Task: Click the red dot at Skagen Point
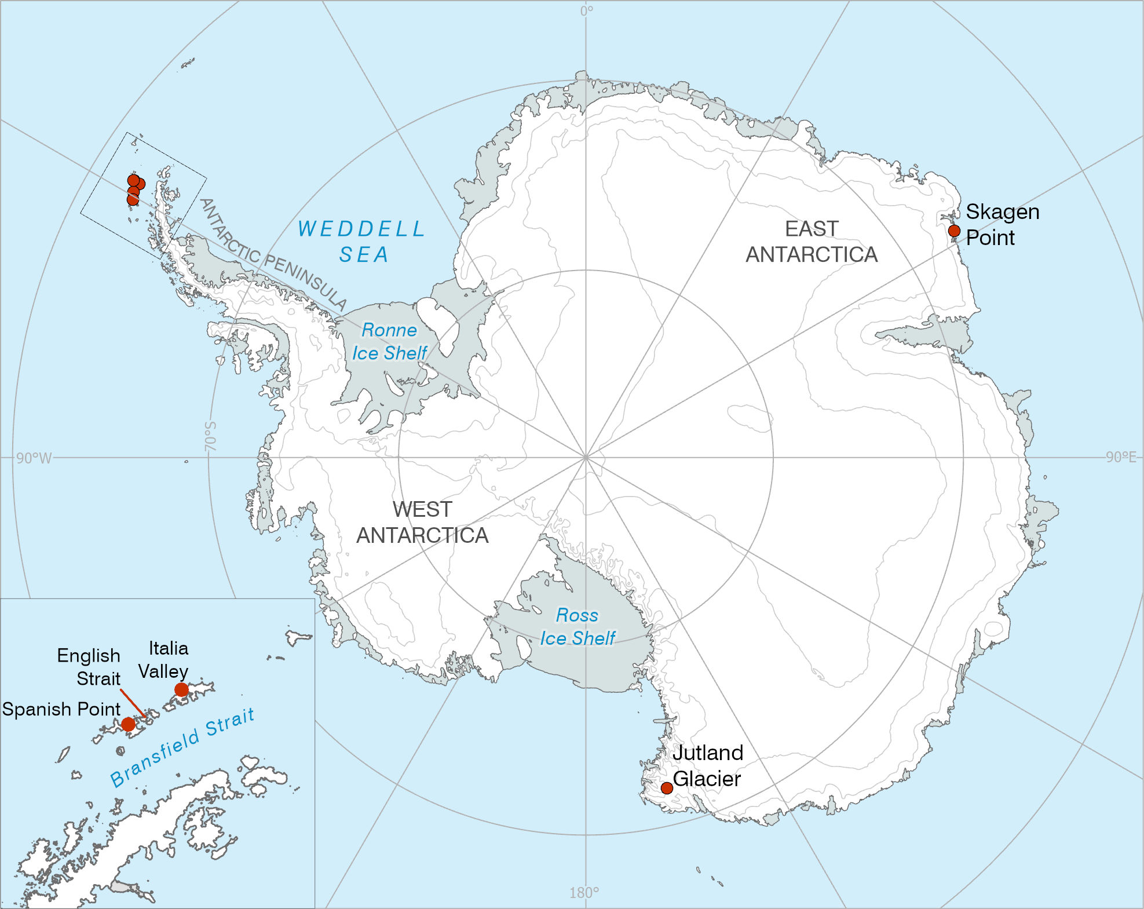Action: coord(954,231)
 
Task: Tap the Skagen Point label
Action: coord(1002,224)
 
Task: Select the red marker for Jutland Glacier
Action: coord(667,788)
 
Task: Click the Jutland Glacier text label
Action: coord(707,765)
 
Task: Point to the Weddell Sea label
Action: coord(362,241)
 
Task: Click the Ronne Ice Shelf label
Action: coord(389,341)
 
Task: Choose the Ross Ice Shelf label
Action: coord(578,626)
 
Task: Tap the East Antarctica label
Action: coord(812,242)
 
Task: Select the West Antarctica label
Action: coord(422,522)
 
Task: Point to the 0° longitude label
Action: coord(586,11)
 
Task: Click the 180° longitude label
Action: coord(584,893)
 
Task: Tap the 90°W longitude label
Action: coord(34,458)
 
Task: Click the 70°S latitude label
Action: coord(210,436)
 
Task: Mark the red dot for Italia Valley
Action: coord(181,689)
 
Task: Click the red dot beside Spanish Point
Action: coord(128,724)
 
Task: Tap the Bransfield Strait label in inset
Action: coord(182,747)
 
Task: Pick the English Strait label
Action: coord(89,667)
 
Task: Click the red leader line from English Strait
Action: coord(133,703)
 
